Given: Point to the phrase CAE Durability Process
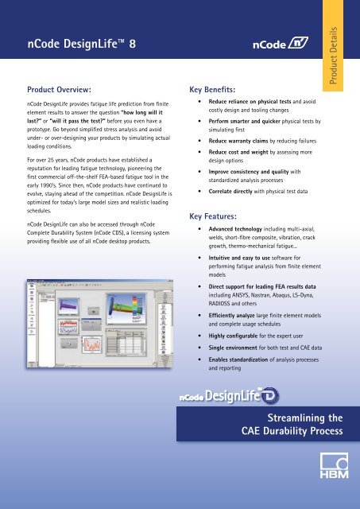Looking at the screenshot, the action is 292,432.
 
